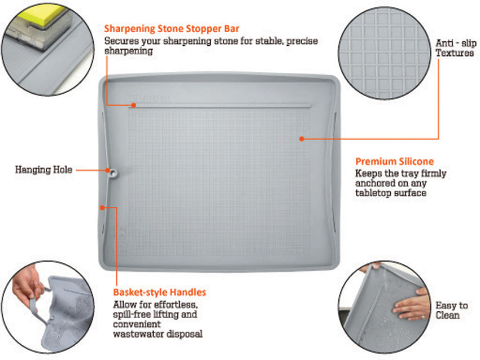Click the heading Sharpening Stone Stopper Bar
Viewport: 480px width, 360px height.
pyautogui.click(x=172, y=28)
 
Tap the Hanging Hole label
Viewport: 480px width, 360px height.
pyautogui.click(x=44, y=170)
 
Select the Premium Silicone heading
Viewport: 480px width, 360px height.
pyautogui.click(x=395, y=162)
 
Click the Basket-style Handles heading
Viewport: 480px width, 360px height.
pyautogui.click(x=159, y=292)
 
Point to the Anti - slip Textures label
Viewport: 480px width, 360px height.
pyautogui.click(x=456, y=48)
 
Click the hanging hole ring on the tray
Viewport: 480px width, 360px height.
pyautogui.click(x=114, y=174)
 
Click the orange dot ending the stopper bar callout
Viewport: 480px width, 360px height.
pyautogui.click(x=133, y=105)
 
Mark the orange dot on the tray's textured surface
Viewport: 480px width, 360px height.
pyautogui.click(x=302, y=139)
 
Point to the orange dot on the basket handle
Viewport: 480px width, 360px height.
pyautogui.click(x=103, y=208)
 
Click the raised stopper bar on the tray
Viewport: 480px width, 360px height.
pyautogui.click(x=220, y=106)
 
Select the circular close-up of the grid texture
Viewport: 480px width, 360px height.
pyautogui.click(x=385, y=53)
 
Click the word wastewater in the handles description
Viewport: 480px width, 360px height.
pyautogui.click(x=138, y=334)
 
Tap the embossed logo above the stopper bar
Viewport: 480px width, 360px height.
pyautogui.click(x=149, y=99)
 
